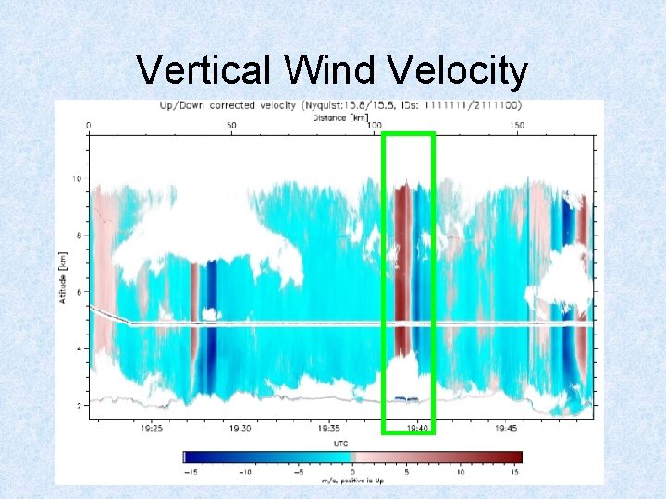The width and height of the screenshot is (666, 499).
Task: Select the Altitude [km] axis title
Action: tap(63, 275)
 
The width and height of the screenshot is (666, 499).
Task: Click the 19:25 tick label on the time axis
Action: tap(152, 428)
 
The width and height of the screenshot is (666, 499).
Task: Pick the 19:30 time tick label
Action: tap(240, 428)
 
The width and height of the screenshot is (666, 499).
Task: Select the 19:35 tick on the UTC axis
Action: tap(329, 428)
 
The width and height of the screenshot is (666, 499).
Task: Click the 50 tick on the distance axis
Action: tap(231, 125)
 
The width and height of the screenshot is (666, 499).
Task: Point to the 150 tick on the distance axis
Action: tap(517, 125)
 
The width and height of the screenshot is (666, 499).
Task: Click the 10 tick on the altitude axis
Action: tap(79, 179)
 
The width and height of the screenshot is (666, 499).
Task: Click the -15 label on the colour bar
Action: tap(191, 471)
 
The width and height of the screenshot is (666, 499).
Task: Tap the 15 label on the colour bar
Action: tap(514, 471)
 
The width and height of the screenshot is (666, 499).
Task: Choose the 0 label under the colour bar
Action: tap(352, 471)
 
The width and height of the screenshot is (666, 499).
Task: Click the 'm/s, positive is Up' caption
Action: tap(352, 480)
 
